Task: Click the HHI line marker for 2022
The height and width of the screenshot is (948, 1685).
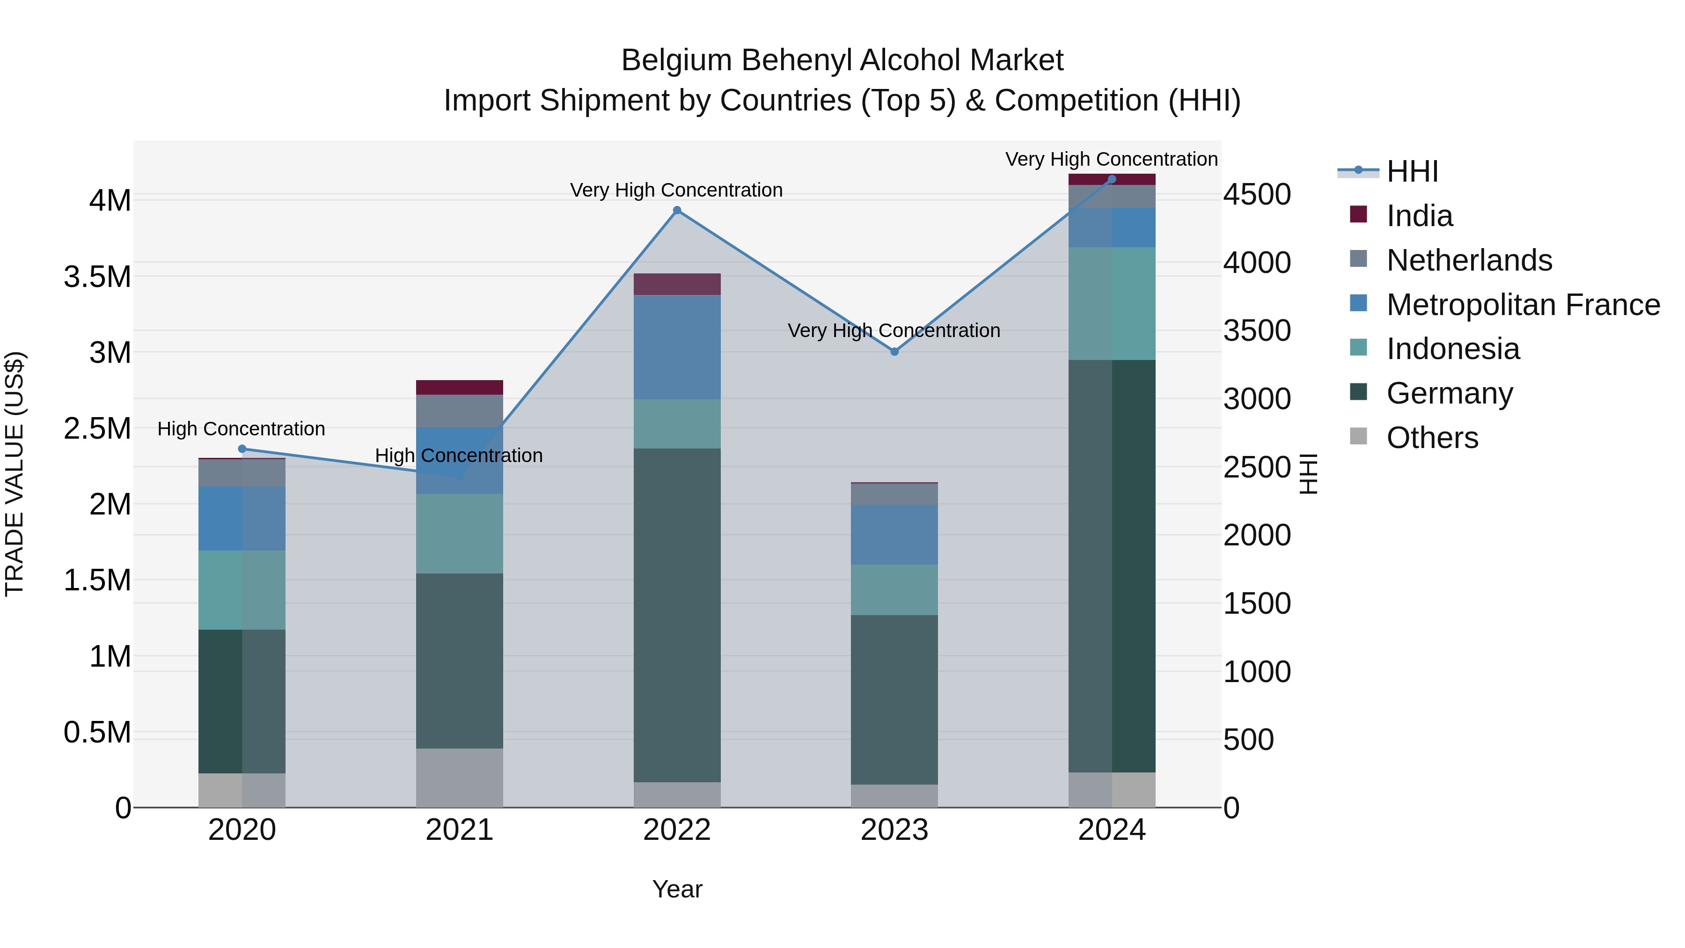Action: tap(677, 211)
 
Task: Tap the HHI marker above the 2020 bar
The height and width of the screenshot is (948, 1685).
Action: tap(242, 449)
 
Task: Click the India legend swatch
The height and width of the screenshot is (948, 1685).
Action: tap(1359, 214)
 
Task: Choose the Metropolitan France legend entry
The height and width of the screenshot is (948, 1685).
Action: tap(1523, 305)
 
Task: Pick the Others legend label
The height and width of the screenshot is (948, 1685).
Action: tap(1433, 438)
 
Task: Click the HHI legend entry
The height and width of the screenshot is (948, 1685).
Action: tap(1412, 171)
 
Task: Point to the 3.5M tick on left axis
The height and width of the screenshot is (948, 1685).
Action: tap(97, 277)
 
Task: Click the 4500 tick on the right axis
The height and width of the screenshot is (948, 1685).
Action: tap(1257, 194)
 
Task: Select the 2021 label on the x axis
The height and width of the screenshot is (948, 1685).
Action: tap(459, 830)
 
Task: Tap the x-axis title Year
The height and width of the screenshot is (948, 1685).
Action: tap(677, 889)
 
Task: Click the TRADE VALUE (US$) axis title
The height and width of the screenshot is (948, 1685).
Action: tap(15, 474)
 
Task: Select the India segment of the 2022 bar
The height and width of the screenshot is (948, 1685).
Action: tap(677, 285)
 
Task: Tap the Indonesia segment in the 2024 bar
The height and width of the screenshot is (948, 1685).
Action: tap(1112, 303)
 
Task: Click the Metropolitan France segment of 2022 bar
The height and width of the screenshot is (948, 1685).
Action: tap(677, 347)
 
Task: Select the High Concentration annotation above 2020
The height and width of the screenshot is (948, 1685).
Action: tap(242, 429)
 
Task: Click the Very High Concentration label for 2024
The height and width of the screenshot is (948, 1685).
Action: tap(1111, 159)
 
